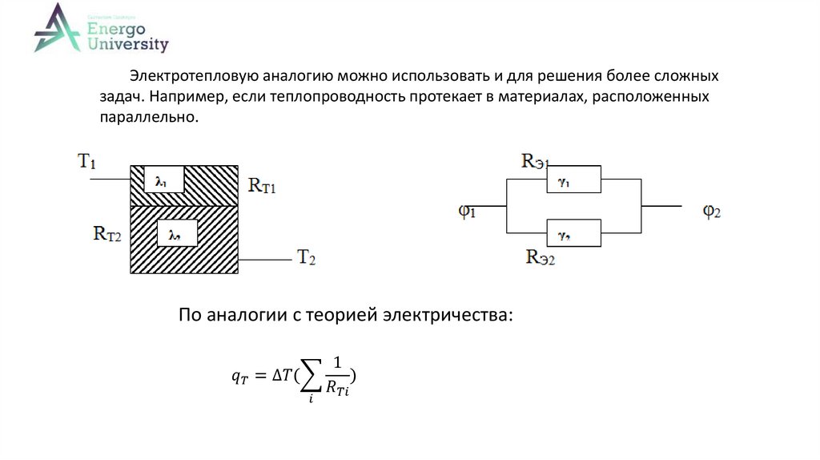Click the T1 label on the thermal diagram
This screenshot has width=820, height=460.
(86, 160)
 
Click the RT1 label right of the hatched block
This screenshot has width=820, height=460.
(262, 186)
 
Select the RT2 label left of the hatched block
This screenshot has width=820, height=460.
(107, 234)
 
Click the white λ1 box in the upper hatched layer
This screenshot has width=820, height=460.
(161, 181)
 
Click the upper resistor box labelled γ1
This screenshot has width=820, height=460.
(573, 180)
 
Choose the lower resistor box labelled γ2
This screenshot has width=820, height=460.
(573, 232)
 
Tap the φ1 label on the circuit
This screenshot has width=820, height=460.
(467, 212)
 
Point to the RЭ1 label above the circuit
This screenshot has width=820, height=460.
(535, 161)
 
